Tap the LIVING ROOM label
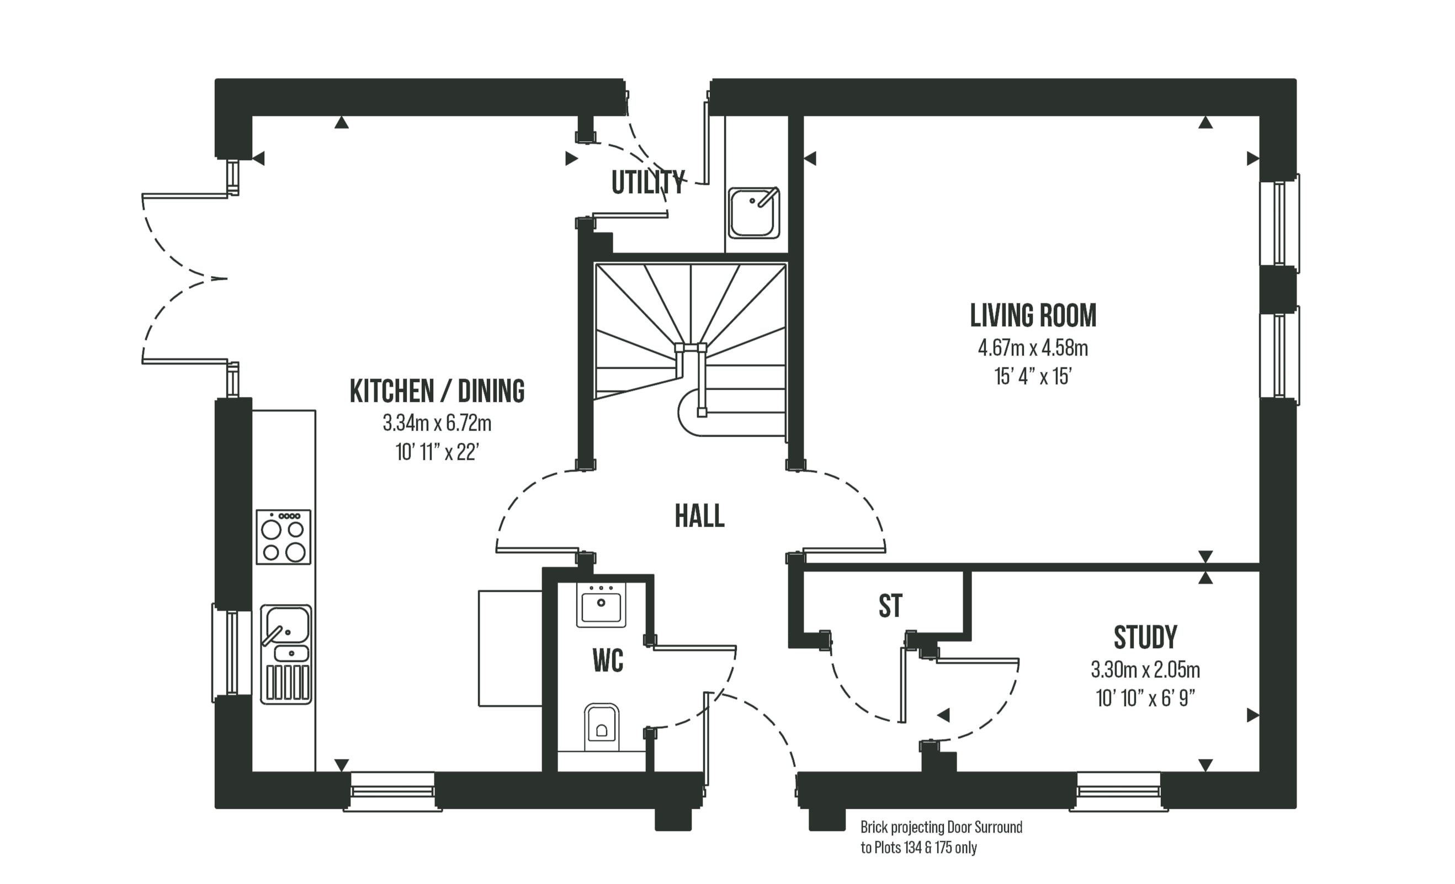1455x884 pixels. tap(1033, 316)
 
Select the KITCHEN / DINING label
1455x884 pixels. tap(437, 391)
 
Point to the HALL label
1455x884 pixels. tap(699, 517)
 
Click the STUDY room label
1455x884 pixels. tap(1145, 637)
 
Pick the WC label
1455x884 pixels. tap(608, 661)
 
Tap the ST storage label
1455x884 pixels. tap(890, 606)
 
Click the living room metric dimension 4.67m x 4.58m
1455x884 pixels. tap(1033, 348)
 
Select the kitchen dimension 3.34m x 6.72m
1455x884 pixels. tap(437, 424)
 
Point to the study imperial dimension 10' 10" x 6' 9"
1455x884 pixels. tap(1145, 698)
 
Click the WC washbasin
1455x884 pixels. tap(601, 605)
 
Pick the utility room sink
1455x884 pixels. tap(753, 213)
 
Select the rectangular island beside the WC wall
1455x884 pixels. tap(509, 648)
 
